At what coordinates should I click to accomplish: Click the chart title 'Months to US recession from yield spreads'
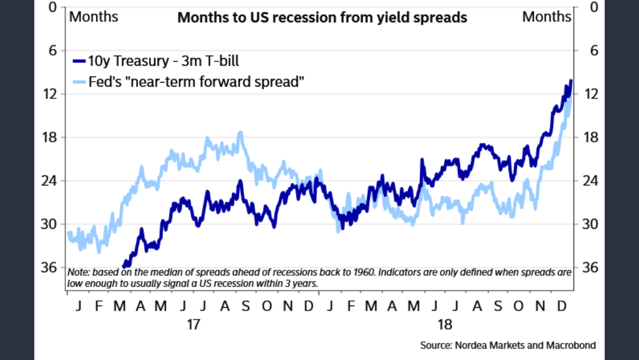click(322, 17)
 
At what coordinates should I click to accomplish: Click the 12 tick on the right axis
click(587, 93)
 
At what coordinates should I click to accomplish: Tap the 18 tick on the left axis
click(51, 137)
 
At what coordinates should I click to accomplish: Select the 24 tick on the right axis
click(587, 181)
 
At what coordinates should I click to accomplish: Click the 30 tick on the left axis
click(51, 224)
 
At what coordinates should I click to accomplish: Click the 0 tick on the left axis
click(54, 7)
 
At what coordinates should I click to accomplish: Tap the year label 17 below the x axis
click(193, 325)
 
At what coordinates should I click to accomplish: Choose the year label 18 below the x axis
click(445, 325)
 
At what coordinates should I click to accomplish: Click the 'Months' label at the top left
click(93, 17)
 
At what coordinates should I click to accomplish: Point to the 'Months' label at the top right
click(546, 17)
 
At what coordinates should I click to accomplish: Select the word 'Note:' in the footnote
click(78, 272)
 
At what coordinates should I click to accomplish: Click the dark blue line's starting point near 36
click(124, 265)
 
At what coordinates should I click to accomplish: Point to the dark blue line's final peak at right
click(571, 81)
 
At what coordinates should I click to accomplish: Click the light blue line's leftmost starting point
click(69, 233)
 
